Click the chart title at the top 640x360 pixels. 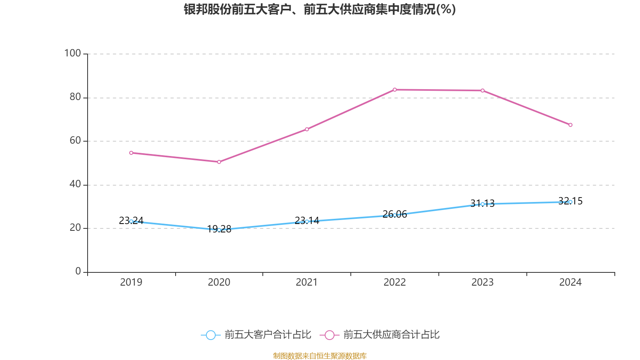[x=320, y=9]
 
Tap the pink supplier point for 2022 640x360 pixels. [x=395, y=90]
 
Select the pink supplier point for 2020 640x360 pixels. [x=219, y=162]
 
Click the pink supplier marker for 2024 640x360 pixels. [x=570, y=125]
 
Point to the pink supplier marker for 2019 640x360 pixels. [x=131, y=153]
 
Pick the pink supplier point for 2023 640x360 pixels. [x=482, y=90]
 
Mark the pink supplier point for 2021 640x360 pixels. [x=307, y=129]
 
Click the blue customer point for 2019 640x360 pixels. [x=131, y=221]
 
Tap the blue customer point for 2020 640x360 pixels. [x=219, y=230]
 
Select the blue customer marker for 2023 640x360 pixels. [x=482, y=204]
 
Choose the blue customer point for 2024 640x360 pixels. [x=570, y=202]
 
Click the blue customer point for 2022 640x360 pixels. [x=395, y=215]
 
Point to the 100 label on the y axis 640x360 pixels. [x=72, y=53]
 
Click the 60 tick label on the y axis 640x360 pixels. [x=75, y=140]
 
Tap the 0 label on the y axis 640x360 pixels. [x=78, y=272]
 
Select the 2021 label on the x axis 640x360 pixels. [x=307, y=282]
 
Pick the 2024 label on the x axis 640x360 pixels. [x=570, y=282]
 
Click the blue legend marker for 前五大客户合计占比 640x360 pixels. [x=210, y=335]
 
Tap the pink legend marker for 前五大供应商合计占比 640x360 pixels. [x=329, y=335]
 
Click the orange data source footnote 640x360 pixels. [x=320, y=356]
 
